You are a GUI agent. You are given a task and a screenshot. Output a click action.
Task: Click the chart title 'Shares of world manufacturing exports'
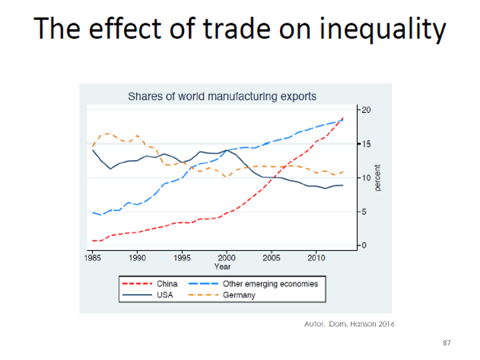click(222, 96)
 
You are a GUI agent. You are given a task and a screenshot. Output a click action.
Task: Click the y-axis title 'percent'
click(378, 178)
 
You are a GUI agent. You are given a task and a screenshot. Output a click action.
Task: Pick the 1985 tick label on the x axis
click(93, 257)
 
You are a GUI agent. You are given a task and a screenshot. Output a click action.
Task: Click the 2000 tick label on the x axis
click(227, 257)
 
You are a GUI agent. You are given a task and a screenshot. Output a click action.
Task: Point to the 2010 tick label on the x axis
click(316, 257)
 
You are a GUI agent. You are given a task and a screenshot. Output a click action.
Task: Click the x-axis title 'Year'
click(222, 266)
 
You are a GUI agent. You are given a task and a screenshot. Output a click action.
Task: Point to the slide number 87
click(447, 343)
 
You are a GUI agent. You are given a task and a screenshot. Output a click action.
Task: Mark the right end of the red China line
click(343, 118)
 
